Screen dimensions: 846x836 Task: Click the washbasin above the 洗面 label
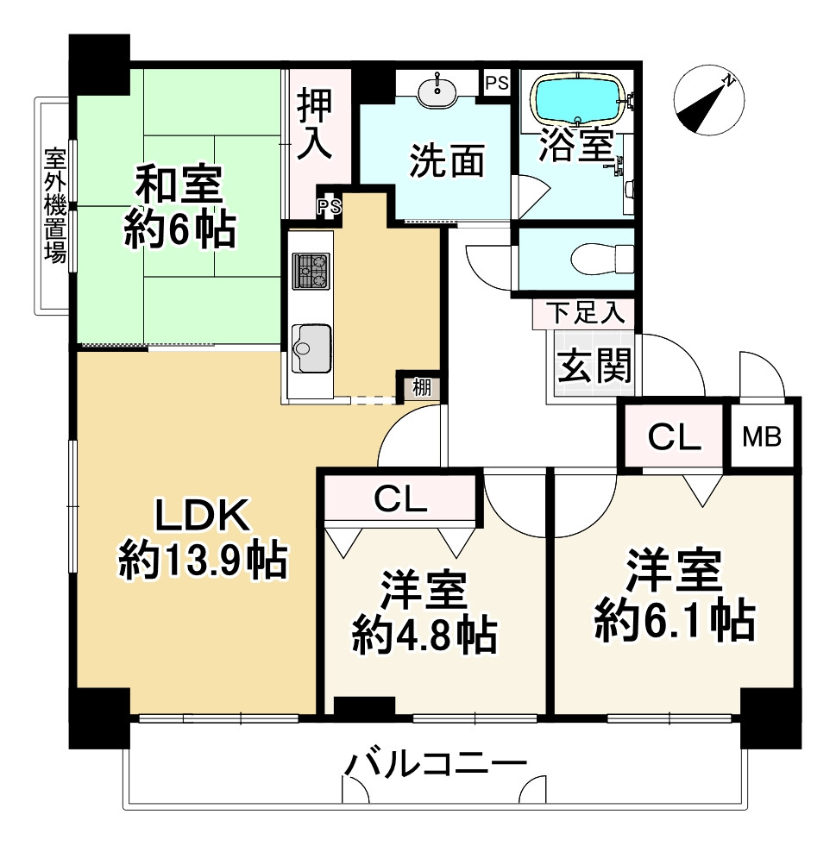coord(438,87)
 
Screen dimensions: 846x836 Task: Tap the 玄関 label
coord(593,367)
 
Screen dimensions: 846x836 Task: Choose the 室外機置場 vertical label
coord(56,206)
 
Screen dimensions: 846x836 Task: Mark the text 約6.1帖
coord(674,617)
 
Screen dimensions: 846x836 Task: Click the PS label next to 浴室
coord(496,84)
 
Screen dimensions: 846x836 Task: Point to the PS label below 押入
coord(328,205)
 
